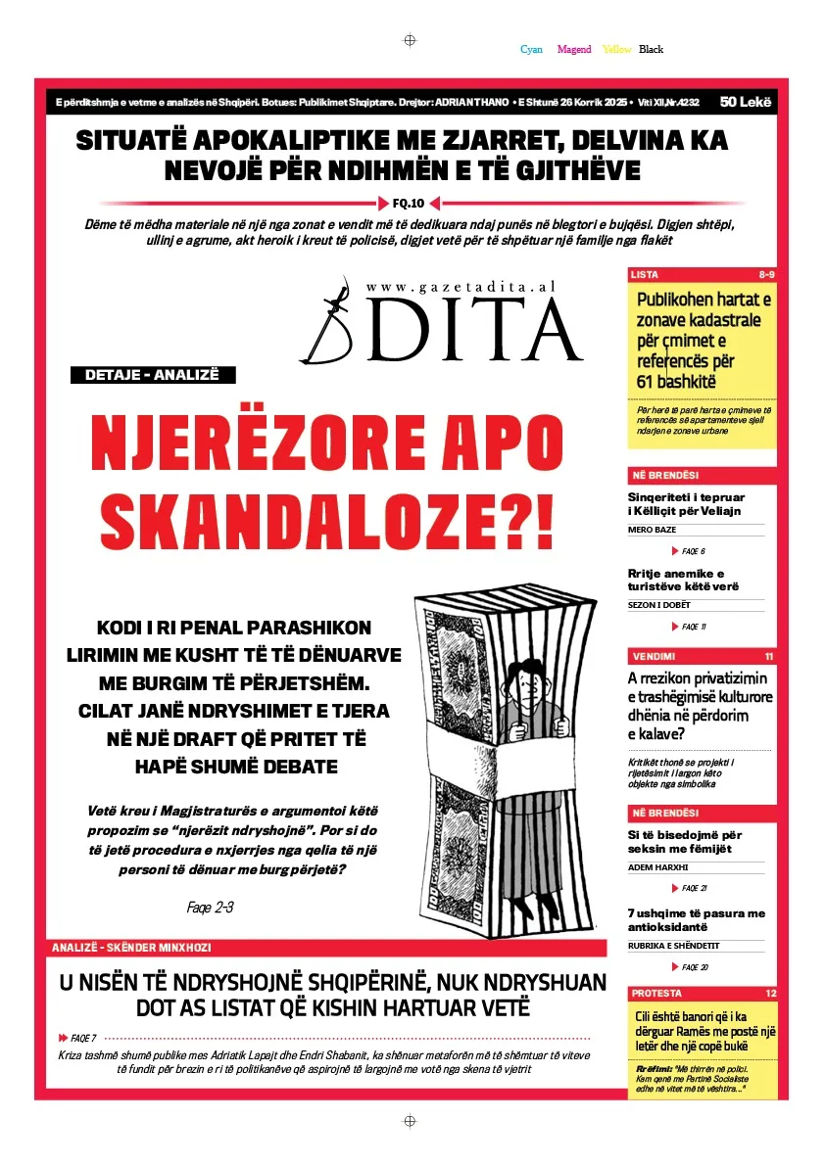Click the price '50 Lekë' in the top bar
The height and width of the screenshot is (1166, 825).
coord(745,102)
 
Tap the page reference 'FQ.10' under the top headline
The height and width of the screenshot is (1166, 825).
coord(409,204)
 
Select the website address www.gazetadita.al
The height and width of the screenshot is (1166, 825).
coord(461,287)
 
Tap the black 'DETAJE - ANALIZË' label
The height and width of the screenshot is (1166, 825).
coord(153,375)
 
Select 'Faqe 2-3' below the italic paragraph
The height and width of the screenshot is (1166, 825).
coord(210,908)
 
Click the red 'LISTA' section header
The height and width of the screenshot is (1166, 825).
coord(645,275)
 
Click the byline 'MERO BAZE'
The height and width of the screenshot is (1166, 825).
coord(652,530)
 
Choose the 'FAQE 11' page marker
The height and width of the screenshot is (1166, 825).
coord(694,627)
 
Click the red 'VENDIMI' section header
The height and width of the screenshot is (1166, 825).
coord(654,656)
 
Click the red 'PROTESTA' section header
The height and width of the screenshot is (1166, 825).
coord(656,994)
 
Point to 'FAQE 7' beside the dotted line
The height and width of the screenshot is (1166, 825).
coord(83,1038)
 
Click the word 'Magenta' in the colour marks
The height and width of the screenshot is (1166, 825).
coord(574,49)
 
